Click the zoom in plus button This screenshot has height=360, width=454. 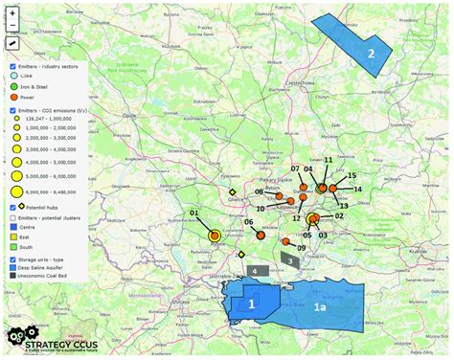(x=12, y=13)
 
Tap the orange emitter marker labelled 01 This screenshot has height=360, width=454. (x=215, y=235)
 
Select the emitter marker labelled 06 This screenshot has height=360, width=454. (x=261, y=235)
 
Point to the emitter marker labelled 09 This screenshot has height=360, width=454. (x=285, y=241)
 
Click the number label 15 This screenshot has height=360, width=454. (x=352, y=176)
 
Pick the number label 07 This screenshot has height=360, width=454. (x=297, y=169)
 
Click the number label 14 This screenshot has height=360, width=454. (x=357, y=190)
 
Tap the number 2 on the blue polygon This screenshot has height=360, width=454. (x=371, y=54)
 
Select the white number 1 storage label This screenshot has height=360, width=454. (x=251, y=304)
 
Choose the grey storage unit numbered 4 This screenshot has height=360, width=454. (x=253, y=272)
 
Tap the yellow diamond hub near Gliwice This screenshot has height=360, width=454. (x=232, y=193)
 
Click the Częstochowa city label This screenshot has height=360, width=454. (x=299, y=83)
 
